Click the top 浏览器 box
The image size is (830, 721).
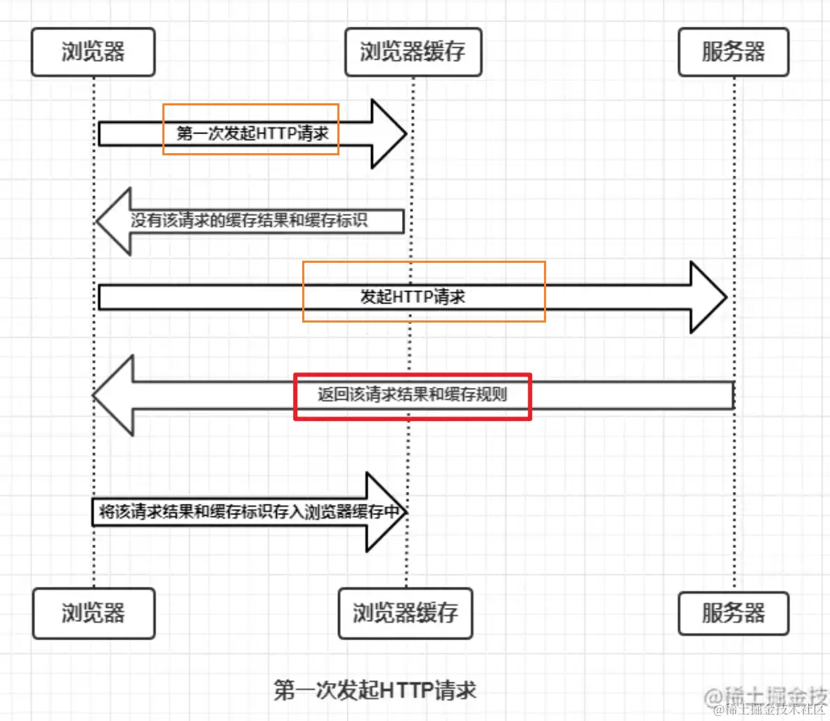pos(93,52)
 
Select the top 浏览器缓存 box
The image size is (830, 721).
pos(413,52)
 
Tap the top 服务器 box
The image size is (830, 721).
pos(733,52)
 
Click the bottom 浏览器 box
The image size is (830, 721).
pos(93,613)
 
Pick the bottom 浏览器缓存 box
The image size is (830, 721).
pos(405,613)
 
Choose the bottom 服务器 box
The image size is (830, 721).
pos(733,613)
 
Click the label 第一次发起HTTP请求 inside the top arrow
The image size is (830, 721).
pos(252,134)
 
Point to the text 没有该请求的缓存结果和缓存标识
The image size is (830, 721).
pos(249,221)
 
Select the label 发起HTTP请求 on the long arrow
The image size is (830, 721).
pos(413,297)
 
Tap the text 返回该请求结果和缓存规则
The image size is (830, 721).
pos(412,394)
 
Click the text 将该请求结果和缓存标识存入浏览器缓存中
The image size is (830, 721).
pos(249,512)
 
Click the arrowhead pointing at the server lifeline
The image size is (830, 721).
pos(708,297)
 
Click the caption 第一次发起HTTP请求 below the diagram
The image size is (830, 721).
pos(375,690)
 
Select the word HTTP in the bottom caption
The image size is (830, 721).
pos(405,690)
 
